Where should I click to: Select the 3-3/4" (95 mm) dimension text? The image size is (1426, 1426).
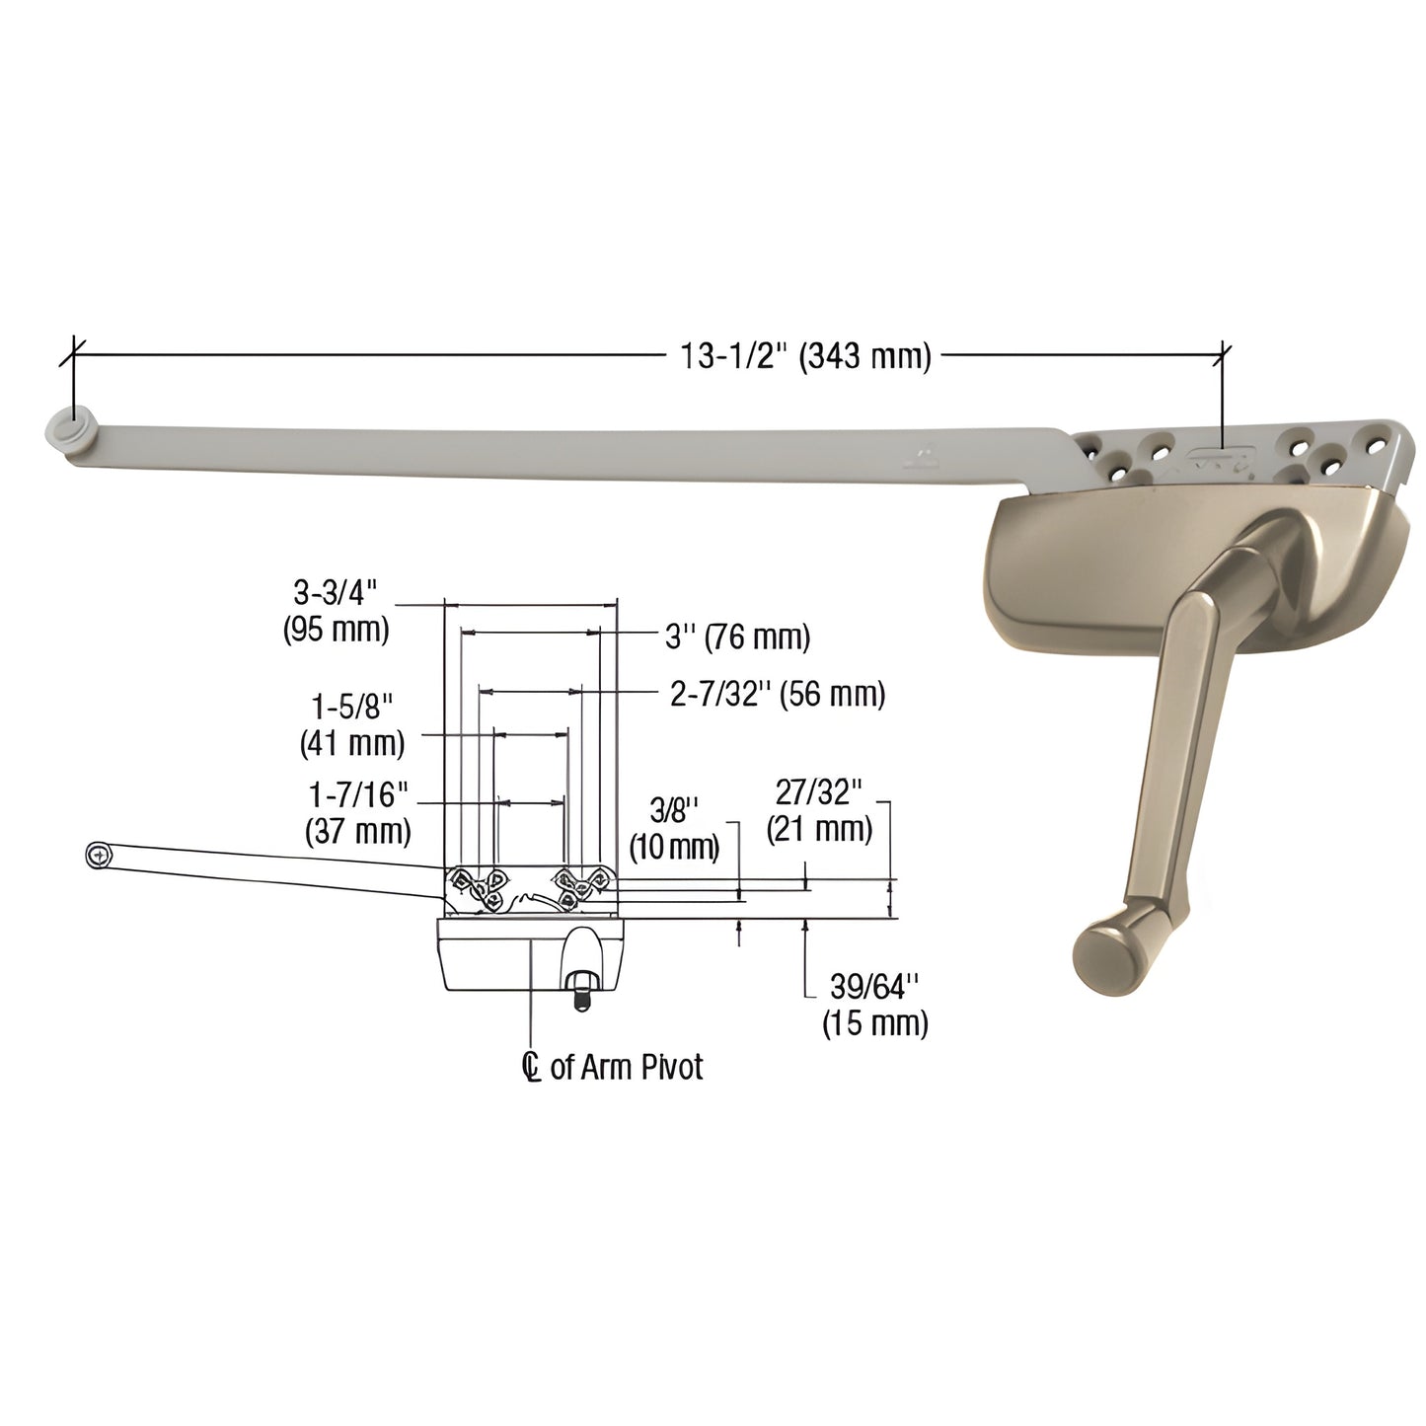tap(336, 611)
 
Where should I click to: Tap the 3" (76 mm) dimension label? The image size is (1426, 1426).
tap(736, 638)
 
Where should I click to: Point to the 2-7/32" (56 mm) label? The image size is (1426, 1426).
tap(777, 695)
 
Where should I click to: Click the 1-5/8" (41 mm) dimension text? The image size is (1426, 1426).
tap(352, 725)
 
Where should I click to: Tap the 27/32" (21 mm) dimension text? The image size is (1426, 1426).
tap(819, 811)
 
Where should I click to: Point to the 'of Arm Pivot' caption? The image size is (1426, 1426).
tap(627, 1067)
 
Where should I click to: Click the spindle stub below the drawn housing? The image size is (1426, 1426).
tap(579, 987)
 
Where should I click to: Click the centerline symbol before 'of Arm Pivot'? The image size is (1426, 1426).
tap(533, 1067)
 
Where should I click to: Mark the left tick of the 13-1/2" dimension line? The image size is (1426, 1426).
tap(70, 352)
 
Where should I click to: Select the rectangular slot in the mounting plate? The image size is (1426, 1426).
tap(1220, 457)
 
